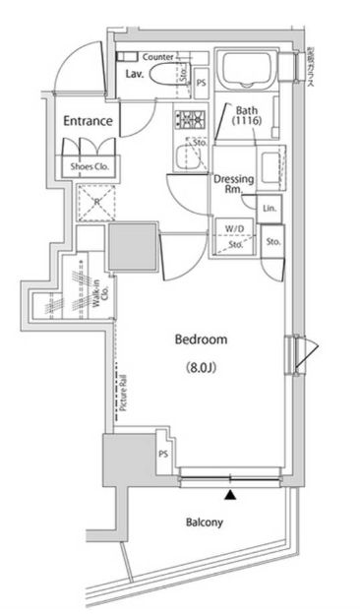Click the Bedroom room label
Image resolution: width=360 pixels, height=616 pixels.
tap(201, 339)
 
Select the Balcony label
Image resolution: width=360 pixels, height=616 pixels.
tap(200, 523)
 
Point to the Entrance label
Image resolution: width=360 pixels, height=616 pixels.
tap(89, 121)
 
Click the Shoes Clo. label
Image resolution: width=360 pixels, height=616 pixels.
tap(89, 167)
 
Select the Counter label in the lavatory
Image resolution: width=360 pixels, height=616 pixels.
tap(158, 58)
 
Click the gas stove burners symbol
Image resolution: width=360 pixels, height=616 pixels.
tap(187, 121)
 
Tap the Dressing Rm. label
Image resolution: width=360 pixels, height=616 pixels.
tap(234, 185)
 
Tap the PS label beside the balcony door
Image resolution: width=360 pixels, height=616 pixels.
tap(163, 454)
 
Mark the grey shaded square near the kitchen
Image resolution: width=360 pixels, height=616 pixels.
tap(132, 246)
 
